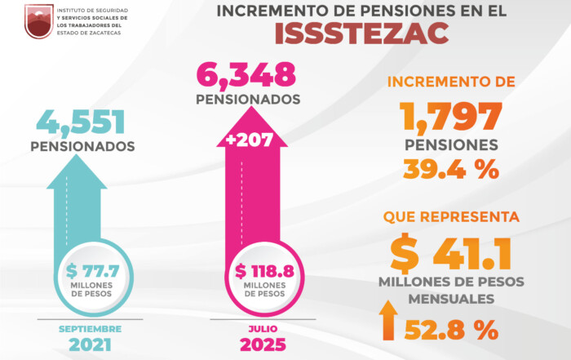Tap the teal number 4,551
point(80,122)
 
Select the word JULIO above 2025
point(262,328)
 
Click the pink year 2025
point(262,344)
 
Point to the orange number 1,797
point(451,117)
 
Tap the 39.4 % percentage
point(451,169)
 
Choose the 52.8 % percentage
point(462,330)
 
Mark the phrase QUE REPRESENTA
point(451,218)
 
